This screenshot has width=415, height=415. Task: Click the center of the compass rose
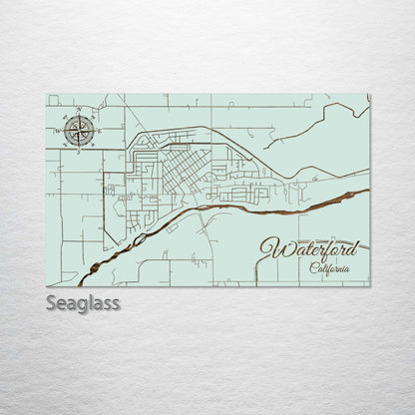(80, 130)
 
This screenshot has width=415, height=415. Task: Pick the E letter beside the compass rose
(98, 130)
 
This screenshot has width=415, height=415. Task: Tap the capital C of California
(312, 268)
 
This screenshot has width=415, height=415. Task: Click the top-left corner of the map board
(48, 95)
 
